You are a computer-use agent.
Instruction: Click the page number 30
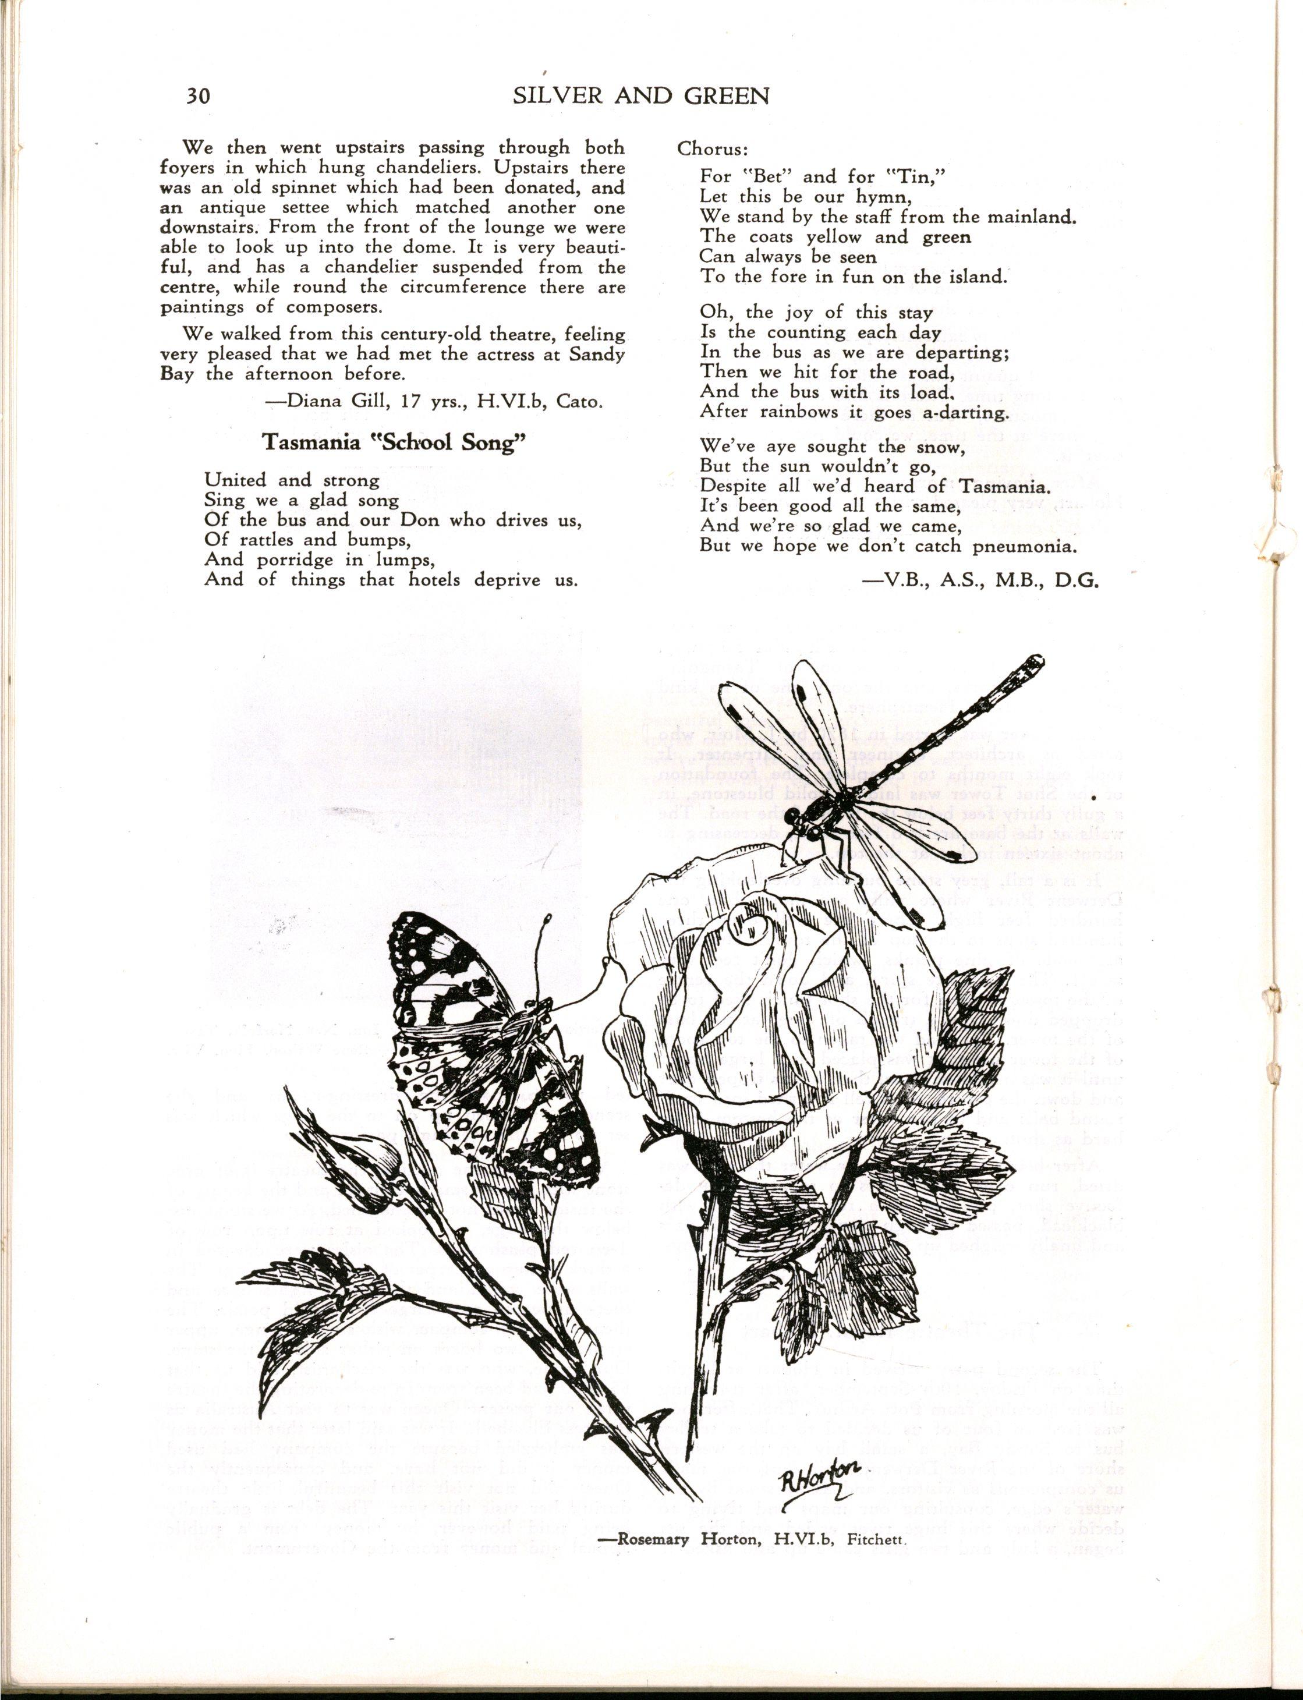coord(198,96)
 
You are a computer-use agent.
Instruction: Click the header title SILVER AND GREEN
coord(640,95)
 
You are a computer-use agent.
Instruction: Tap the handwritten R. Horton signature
coord(820,1483)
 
